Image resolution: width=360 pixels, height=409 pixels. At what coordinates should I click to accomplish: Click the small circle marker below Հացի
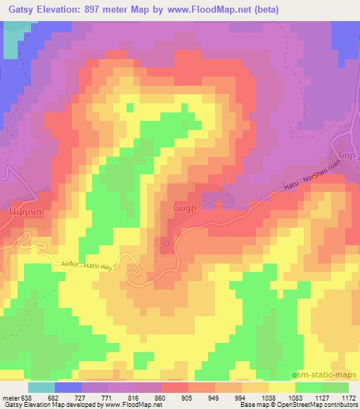167,244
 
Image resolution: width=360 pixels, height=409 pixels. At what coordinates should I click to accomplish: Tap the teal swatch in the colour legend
41,387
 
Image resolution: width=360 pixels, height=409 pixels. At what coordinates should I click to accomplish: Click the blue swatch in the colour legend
69,387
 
